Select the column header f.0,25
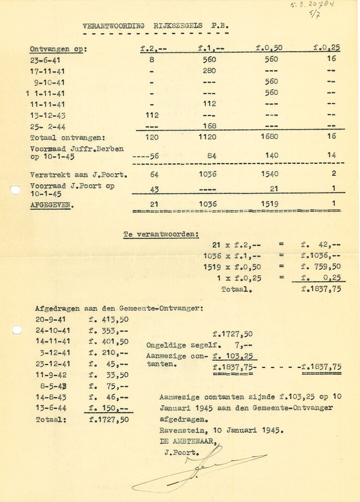pos(326,48)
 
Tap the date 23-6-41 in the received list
pos(46,60)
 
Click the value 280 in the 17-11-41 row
pos(209,71)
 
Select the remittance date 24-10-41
pos(53,330)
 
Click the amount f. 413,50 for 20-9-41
pos(108,319)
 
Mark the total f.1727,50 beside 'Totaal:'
pos(108,419)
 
